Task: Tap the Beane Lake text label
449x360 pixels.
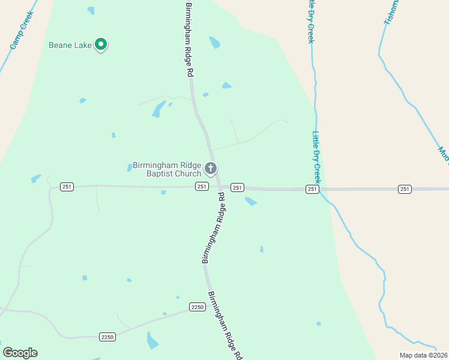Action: tap(71, 45)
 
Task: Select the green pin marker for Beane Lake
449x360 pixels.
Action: tap(101, 44)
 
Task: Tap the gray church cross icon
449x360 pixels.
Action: tap(210, 169)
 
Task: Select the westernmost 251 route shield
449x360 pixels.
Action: tap(67, 187)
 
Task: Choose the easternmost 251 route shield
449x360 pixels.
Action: tap(405, 189)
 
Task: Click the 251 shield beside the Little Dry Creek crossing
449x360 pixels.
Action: tap(312, 189)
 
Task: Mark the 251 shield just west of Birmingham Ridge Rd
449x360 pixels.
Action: tap(201, 187)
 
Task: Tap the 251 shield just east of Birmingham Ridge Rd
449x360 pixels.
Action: tap(237, 188)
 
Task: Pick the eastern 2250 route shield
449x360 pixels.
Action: tap(197, 307)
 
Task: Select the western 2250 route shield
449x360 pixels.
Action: tap(107, 337)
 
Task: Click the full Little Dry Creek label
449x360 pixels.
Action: tap(316, 158)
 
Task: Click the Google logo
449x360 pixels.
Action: tap(20, 353)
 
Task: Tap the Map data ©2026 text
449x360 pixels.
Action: tap(424, 355)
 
